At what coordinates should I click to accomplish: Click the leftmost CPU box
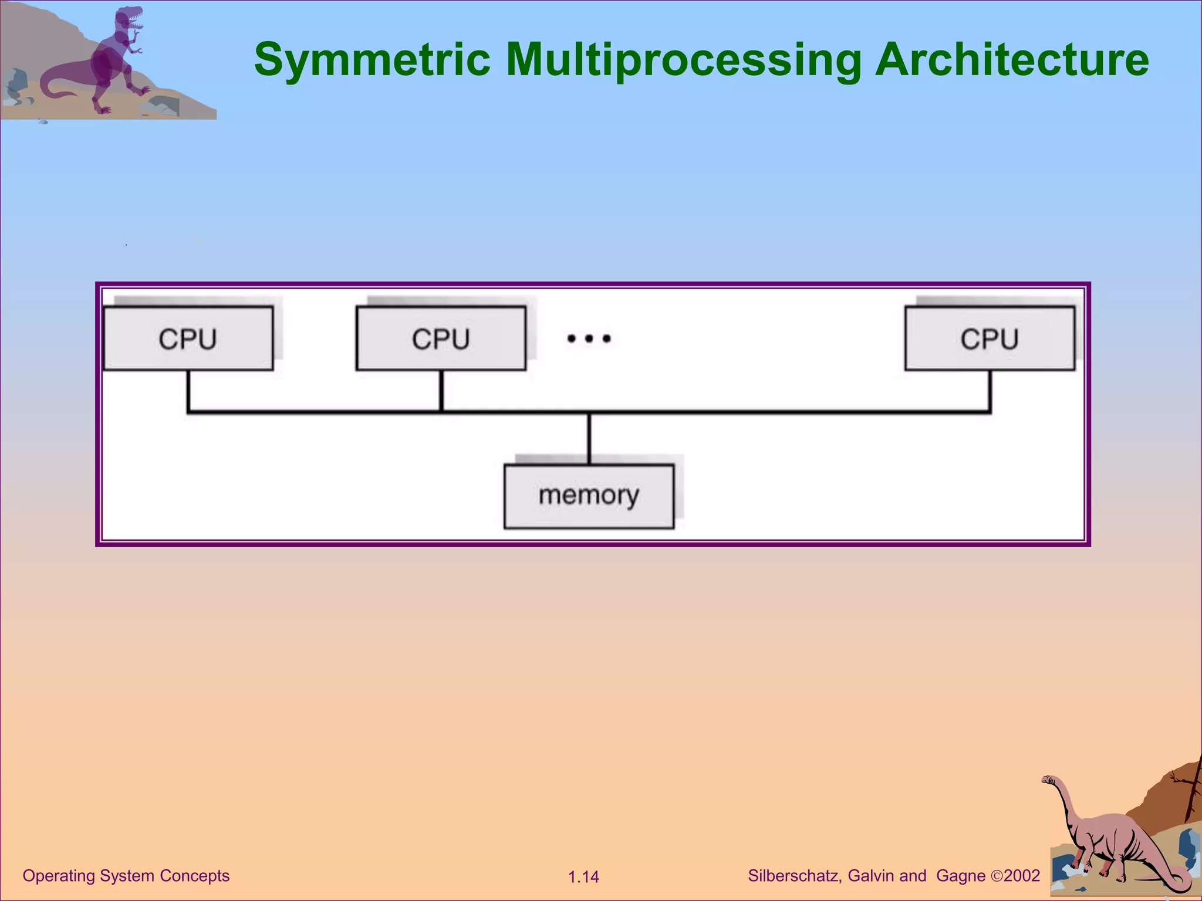[188, 338]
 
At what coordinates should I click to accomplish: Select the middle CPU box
[441, 338]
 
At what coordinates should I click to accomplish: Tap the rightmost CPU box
[990, 338]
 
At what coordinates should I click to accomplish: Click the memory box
[589, 496]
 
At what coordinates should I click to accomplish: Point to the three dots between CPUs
[589, 338]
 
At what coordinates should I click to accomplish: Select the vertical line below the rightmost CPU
[990, 391]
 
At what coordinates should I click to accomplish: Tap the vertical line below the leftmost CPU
[188, 391]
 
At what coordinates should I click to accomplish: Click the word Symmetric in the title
[372, 60]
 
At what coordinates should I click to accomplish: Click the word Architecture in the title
[1011, 60]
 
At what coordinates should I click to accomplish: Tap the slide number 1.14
[583, 877]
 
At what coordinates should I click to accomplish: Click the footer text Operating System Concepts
[126, 876]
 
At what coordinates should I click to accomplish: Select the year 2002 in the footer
[1022, 876]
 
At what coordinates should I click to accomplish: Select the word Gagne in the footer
[961, 876]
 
